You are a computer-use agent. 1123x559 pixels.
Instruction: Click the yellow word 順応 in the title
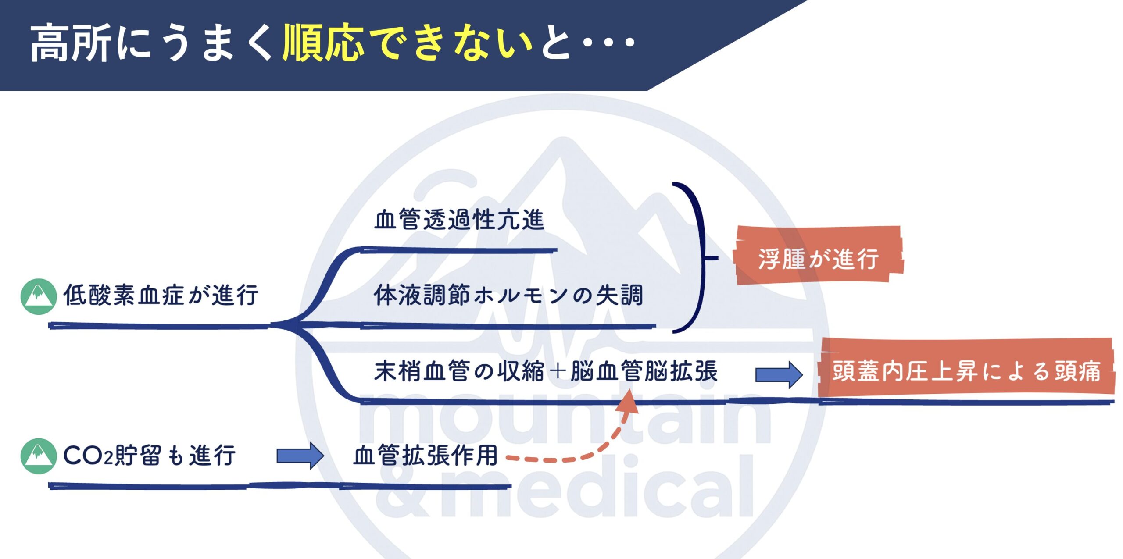[324, 42]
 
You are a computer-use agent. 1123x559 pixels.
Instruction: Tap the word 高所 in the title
[70, 42]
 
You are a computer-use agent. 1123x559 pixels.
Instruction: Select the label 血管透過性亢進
[459, 220]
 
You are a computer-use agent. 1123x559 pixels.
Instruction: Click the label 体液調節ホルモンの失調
[508, 295]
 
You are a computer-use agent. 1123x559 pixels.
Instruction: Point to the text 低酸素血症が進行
[161, 295]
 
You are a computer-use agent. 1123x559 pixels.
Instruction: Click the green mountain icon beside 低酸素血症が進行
[39, 296]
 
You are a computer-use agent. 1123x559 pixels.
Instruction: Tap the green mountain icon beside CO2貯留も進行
[39, 456]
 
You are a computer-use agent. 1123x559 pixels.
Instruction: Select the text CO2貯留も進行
[150, 455]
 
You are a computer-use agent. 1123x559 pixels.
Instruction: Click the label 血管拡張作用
[426, 455]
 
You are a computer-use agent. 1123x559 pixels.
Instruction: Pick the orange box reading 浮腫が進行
[819, 256]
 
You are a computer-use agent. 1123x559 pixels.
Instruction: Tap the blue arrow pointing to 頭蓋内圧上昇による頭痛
[779, 375]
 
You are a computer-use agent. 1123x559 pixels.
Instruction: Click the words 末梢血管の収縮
[459, 371]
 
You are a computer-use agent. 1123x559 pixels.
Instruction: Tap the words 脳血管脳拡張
[644, 371]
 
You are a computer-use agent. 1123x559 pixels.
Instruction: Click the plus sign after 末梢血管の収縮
[558, 371]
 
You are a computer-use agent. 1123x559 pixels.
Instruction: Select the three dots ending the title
[608, 42]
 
